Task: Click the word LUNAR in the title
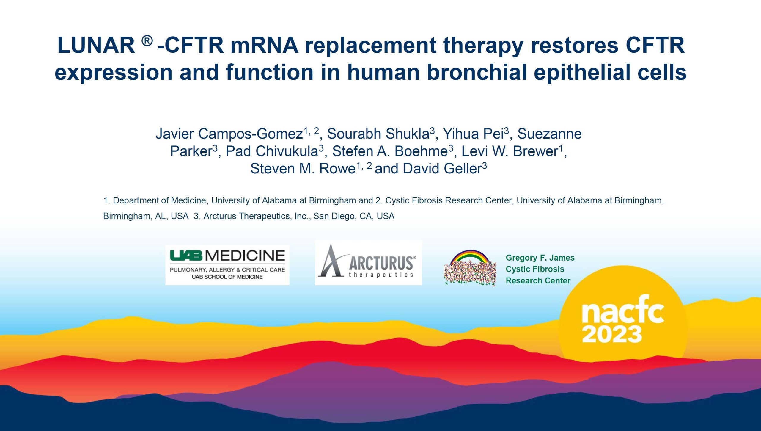pyautogui.click(x=96, y=45)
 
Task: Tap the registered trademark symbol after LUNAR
pyautogui.click(x=147, y=41)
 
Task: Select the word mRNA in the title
pyautogui.click(x=264, y=45)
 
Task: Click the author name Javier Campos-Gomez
pyautogui.click(x=229, y=134)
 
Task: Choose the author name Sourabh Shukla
pyautogui.click(x=378, y=134)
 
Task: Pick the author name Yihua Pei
pyautogui.click(x=473, y=134)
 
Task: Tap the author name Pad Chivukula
pyautogui.click(x=272, y=151)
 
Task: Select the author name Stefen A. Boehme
pyautogui.click(x=390, y=151)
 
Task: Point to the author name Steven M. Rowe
pyautogui.click(x=303, y=169)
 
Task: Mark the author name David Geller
pyautogui.click(x=442, y=169)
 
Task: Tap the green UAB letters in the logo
pyautogui.click(x=186, y=256)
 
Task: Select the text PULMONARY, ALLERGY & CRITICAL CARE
pyautogui.click(x=227, y=270)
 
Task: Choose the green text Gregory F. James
pyautogui.click(x=540, y=258)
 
